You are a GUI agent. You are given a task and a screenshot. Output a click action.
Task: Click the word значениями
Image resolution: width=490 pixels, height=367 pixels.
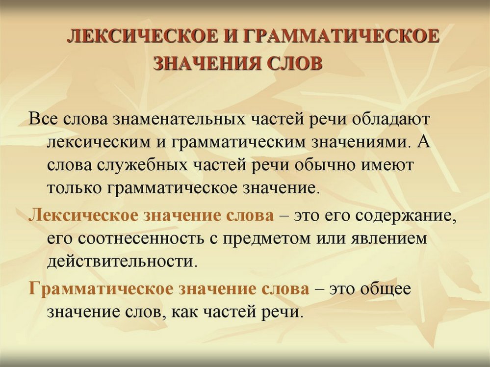click(361, 143)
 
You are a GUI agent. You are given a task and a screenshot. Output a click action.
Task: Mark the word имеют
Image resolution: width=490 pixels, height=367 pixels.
click(387, 166)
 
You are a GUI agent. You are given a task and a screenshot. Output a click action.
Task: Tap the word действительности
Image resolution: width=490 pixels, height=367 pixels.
click(122, 262)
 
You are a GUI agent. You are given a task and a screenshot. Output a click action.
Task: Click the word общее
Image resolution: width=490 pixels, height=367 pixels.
click(386, 289)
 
